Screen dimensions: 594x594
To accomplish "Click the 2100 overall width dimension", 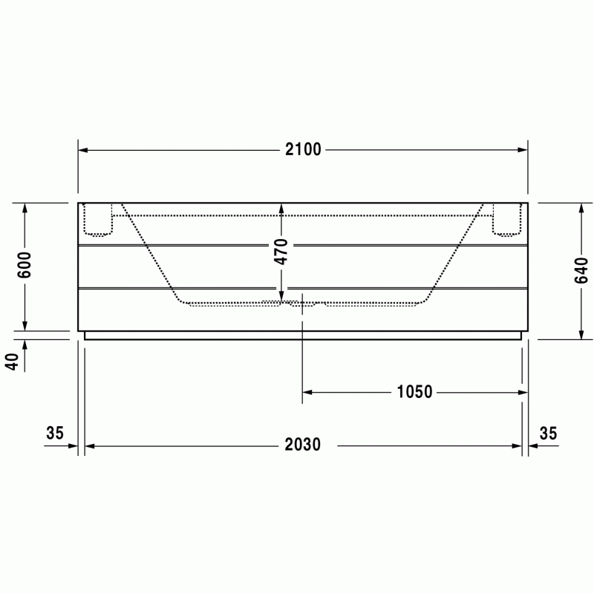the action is [303, 150].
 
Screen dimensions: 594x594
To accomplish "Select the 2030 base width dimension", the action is [303, 444].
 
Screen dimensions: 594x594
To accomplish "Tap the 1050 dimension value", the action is [414, 392].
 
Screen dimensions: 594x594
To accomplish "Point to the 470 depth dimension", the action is [281, 252].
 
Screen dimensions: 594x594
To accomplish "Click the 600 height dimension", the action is [25, 264].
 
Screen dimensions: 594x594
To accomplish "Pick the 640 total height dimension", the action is [581, 270].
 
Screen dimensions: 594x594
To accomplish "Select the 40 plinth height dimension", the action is [12, 362].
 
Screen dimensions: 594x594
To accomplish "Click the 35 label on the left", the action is [55, 433].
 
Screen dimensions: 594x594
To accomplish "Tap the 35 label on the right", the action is [548, 433].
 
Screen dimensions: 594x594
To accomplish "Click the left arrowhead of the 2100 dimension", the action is [83, 150].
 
